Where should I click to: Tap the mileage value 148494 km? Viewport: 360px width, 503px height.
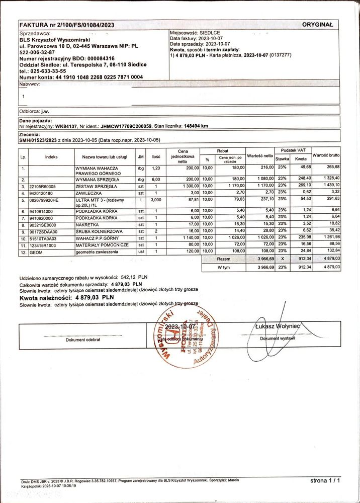pyautogui.click(x=192, y=126)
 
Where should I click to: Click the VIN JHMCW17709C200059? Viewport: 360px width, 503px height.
pyautogui.click(x=128, y=126)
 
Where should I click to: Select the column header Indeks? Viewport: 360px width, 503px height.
pyautogui.click(x=51, y=156)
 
